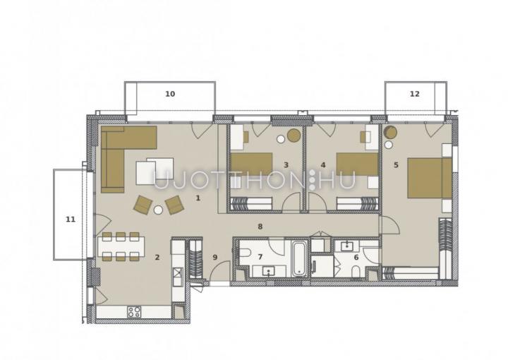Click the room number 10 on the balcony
click(x=170, y=94)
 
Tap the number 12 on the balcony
click(x=414, y=94)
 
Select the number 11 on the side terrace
click(x=71, y=220)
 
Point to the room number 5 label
click(x=396, y=165)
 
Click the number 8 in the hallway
click(x=260, y=227)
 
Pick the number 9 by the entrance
click(x=214, y=257)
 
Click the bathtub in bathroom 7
click(x=298, y=258)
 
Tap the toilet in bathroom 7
click(x=244, y=252)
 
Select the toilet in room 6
click(x=356, y=272)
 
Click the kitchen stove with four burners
click(x=134, y=312)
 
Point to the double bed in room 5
click(x=430, y=178)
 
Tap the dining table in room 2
click(x=121, y=246)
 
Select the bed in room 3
click(x=251, y=164)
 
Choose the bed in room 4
click(x=357, y=164)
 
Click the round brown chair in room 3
click(x=294, y=135)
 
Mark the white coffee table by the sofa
click(x=155, y=171)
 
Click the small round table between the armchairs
click(x=158, y=210)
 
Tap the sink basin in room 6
click(x=347, y=246)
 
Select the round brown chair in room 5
click(x=390, y=132)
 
